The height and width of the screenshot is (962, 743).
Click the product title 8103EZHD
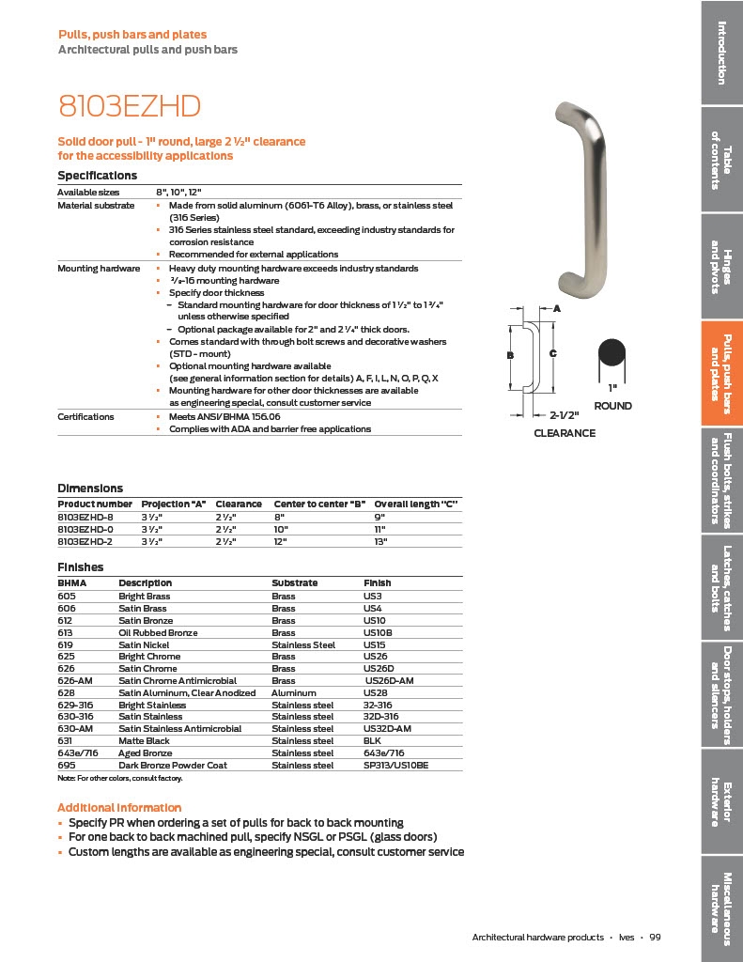click(130, 106)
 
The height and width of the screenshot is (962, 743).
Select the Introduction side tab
click(721, 52)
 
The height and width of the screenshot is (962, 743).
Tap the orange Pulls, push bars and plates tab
click(721, 373)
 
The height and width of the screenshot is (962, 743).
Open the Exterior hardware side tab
click(721, 804)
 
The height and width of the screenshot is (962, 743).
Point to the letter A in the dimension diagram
click(556, 308)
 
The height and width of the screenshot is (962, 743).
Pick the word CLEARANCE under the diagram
click(565, 433)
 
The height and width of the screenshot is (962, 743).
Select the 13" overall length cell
click(381, 541)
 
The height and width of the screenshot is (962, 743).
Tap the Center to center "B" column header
click(318, 504)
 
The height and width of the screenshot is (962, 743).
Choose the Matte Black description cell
click(145, 740)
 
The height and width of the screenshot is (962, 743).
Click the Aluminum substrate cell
click(293, 692)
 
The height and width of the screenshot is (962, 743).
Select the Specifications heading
click(98, 176)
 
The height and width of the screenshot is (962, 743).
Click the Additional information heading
click(119, 808)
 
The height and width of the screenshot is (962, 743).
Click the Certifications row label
click(85, 416)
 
